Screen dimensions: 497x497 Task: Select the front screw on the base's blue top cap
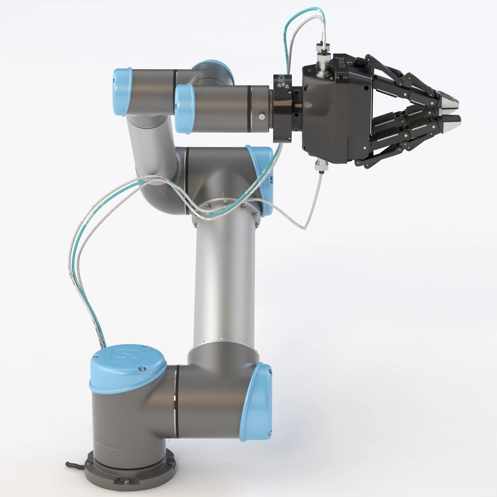(142, 369)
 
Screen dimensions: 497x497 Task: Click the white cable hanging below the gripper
(311, 211)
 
